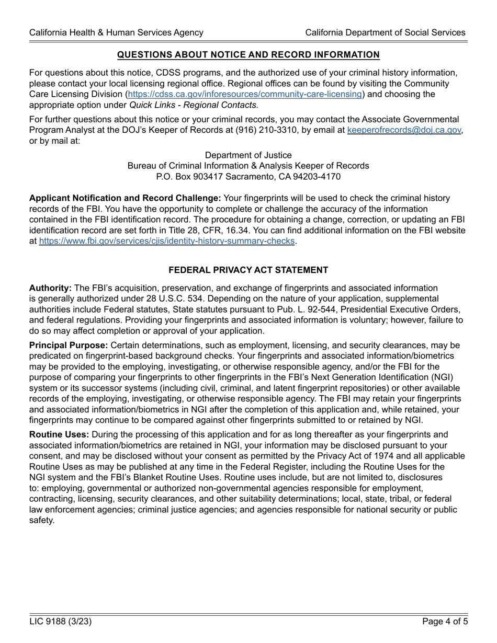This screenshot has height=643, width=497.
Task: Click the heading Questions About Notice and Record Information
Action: pos(248,55)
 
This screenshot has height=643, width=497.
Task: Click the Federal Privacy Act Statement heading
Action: pos(248,270)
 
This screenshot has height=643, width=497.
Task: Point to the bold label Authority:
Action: pos(50,288)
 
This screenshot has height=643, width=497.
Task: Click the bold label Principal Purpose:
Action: pos(69,346)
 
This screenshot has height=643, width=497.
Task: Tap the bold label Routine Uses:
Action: pos(59,434)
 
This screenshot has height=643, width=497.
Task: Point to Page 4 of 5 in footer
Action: pos(444,622)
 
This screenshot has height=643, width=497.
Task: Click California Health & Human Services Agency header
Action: pos(116,32)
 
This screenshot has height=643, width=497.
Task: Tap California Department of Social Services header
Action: pos(385,32)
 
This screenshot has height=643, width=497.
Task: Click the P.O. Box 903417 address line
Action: pos(248,177)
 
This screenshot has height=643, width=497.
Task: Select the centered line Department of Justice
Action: pos(248,155)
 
